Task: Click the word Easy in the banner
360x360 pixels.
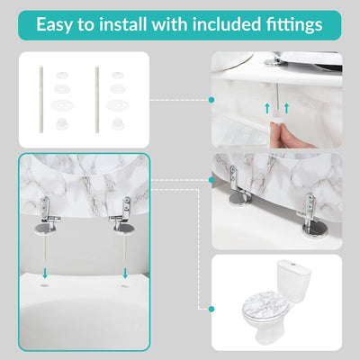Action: [54, 25]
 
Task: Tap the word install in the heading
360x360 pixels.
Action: [123, 24]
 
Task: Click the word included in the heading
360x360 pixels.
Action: [227, 24]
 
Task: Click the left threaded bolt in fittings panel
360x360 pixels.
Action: [41, 100]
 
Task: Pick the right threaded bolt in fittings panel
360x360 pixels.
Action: [97, 100]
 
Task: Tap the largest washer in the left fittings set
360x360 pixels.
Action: [62, 104]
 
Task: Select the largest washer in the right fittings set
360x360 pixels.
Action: [118, 104]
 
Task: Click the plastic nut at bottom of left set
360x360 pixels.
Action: [62, 123]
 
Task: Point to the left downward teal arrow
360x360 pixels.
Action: [45, 273]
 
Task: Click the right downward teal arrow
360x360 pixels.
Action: [125, 273]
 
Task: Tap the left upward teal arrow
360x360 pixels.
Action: [266, 108]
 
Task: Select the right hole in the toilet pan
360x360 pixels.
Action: [125, 286]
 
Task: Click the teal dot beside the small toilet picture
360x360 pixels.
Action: [211, 309]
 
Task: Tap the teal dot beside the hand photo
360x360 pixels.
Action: [211, 100]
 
